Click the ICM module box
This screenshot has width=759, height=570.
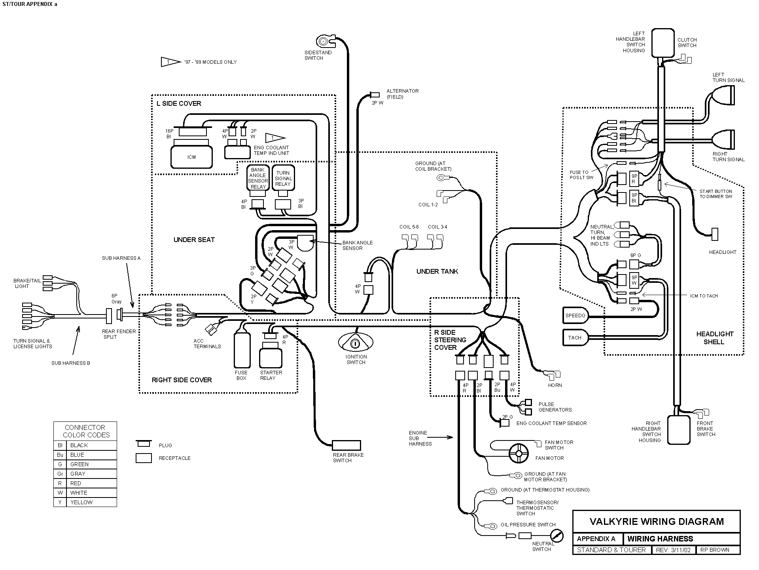(191, 157)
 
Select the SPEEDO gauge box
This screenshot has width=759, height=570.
(575, 315)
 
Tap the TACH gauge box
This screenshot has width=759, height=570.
(575, 337)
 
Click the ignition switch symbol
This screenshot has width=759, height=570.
(356, 342)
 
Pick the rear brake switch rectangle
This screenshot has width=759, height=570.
(346, 445)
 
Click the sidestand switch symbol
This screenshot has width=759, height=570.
(324, 41)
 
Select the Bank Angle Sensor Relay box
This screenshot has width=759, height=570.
(258, 178)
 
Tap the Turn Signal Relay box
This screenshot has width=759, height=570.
(283, 178)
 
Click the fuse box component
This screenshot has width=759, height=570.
(242, 350)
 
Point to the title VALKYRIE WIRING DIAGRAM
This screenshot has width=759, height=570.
(657, 521)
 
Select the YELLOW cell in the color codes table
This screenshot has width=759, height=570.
(81, 502)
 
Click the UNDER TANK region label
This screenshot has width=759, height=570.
(437, 271)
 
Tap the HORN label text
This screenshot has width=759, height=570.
(555, 385)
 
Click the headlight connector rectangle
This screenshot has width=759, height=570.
(715, 234)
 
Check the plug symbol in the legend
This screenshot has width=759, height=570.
(144, 443)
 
